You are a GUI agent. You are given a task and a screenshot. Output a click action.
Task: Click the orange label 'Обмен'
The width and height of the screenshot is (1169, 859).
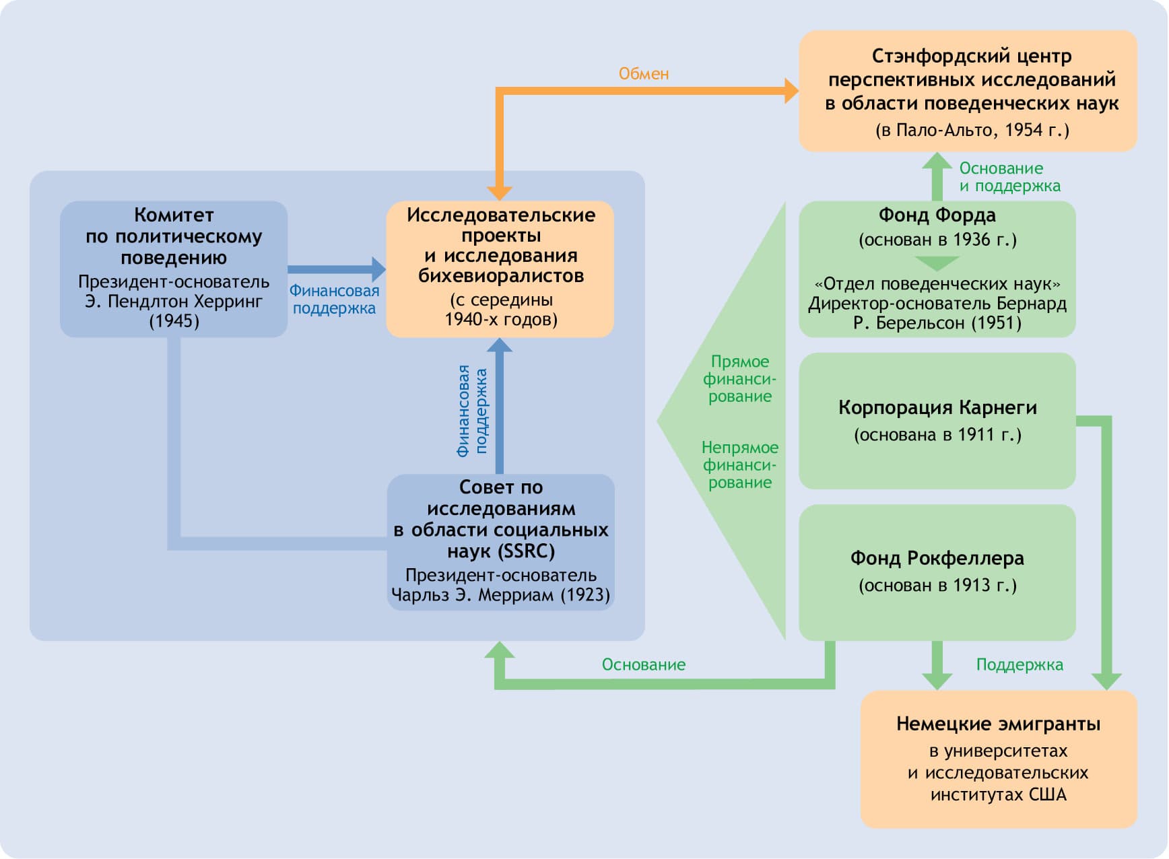click(644, 74)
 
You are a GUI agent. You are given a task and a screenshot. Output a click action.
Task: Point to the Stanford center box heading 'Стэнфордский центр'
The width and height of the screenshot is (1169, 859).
click(971, 56)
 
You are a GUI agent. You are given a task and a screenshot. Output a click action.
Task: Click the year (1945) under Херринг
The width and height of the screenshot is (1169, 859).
click(174, 321)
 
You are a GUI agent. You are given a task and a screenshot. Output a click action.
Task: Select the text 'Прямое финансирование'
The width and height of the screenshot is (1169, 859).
click(739, 379)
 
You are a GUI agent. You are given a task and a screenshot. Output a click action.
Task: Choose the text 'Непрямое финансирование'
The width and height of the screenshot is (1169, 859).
click(739, 465)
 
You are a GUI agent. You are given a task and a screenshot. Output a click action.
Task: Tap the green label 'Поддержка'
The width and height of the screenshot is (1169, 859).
click(1020, 665)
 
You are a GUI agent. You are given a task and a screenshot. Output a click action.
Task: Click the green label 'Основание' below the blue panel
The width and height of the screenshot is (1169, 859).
click(644, 665)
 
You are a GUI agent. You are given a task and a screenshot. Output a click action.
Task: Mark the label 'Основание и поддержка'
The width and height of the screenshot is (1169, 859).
click(1009, 177)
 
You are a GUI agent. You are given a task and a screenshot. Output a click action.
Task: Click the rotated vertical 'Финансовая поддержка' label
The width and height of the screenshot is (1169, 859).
click(472, 411)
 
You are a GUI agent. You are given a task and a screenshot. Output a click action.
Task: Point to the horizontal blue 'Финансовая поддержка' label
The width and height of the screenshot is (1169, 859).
click(334, 300)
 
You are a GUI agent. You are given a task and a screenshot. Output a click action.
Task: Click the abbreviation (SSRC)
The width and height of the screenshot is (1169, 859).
click(527, 551)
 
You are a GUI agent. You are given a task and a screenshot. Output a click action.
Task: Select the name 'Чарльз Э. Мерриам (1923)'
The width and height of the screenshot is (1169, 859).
click(500, 595)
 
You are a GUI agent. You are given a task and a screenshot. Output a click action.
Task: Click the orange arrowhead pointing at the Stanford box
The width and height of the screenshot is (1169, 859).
click(791, 90)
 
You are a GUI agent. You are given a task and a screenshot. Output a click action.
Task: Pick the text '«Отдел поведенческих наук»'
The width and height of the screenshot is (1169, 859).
click(937, 283)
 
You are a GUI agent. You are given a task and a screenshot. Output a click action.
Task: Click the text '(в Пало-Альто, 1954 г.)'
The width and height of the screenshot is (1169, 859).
click(972, 130)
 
